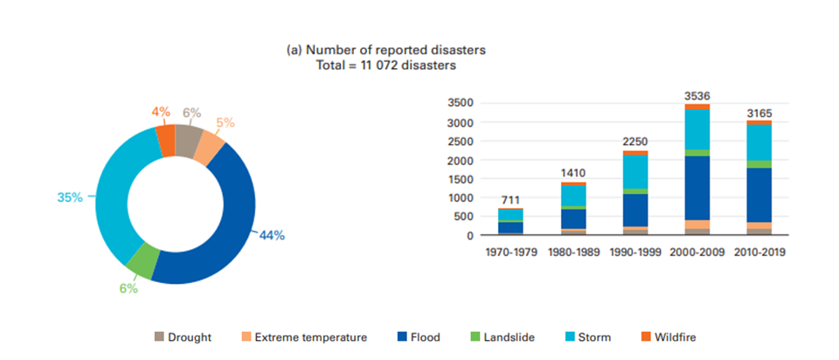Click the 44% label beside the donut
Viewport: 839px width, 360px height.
(x=271, y=234)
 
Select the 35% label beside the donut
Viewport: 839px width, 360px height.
(x=70, y=197)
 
